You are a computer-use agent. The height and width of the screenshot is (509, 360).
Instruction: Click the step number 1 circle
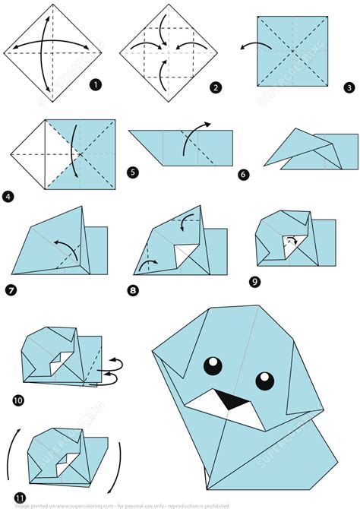96,84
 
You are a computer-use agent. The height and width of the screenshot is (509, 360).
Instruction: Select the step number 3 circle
349,87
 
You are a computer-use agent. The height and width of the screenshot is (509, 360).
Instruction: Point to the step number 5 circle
134,172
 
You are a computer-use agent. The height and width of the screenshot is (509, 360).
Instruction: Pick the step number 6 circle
243,174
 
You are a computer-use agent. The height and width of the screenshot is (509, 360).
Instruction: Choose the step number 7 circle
11,289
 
